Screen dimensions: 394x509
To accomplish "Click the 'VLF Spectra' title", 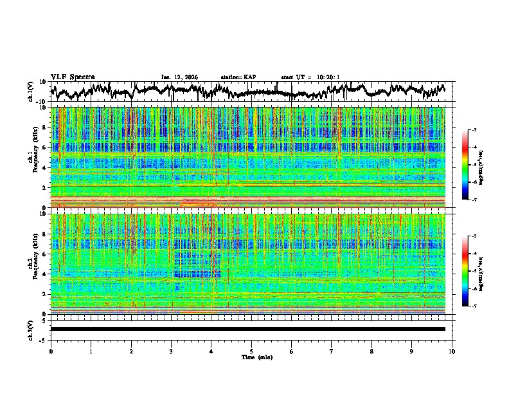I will point(73,77).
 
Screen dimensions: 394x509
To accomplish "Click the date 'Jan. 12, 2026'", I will point(179,77).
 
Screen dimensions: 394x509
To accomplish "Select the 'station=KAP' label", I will point(238,77).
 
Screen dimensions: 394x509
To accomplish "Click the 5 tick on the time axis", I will point(252,351).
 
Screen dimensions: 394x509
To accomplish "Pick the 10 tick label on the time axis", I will point(452,351).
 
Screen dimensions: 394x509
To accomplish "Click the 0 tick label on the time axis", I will point(51,351).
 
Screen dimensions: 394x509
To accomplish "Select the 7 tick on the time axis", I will point(332,351).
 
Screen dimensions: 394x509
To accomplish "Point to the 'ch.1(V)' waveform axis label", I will point(30,91).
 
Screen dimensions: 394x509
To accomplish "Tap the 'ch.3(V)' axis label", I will point(30,329).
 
